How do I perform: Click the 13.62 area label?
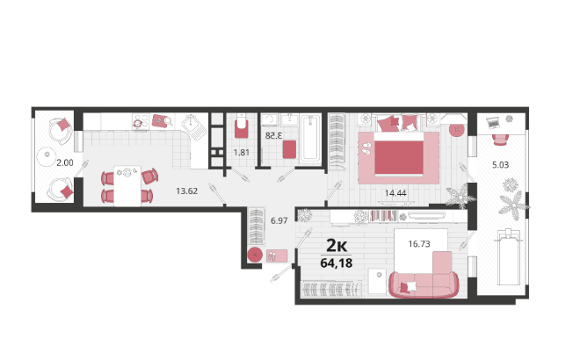[187, 191]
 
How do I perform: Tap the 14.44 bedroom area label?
[395, 193]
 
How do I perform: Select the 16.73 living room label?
[419, 244]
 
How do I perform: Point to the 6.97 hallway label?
[279, 220]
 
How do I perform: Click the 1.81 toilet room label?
[241, 152]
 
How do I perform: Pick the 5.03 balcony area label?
[501, 165]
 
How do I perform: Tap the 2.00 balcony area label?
[65, 162]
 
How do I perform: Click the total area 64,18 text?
[337, 263]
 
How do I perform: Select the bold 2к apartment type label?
[337, 245]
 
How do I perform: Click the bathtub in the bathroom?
[310, 139]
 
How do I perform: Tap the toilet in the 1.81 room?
[241, 126]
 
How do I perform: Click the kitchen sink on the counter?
[194, 126]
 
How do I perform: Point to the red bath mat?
[289, 149]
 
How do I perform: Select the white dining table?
[127, 186]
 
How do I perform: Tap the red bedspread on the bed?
[399, 158]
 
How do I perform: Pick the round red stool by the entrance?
[255, 255]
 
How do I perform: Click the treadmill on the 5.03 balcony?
[509, 257]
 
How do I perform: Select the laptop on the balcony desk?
[493, 122]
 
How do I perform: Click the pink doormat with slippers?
[277, 256]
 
